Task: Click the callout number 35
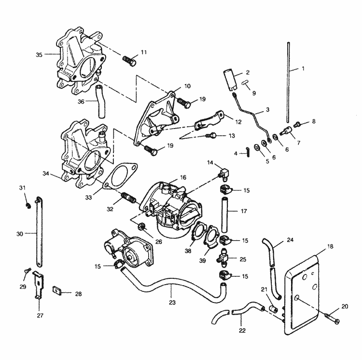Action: (39, 54)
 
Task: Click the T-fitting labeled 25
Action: (225, 258)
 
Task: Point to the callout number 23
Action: (172, 302)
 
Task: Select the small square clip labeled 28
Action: (56, 292)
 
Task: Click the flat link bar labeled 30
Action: (37, 233)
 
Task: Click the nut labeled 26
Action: (142, 226)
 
